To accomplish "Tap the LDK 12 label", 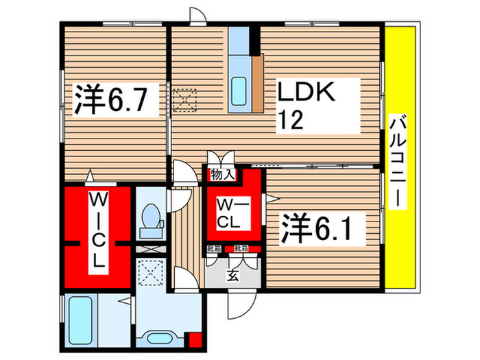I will point(306,106).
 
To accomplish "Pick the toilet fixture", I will point(150,219).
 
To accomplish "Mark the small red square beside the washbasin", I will point(195,339).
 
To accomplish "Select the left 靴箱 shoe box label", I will point(213,248).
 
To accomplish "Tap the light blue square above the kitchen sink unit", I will point(240,40).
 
